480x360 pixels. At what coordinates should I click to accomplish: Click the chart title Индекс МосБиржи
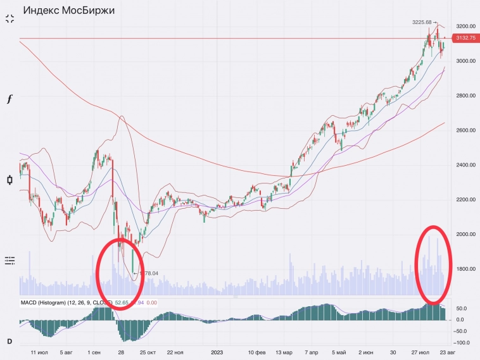point(68,10)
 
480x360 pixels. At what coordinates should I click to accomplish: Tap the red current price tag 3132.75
point(465,39)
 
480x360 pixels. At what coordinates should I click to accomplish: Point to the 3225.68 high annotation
point(422,22)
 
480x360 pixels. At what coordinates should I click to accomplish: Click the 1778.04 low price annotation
point(146,273)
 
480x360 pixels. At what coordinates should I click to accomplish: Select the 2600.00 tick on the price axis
point(464,130)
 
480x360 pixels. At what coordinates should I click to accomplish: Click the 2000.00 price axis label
point(464,235)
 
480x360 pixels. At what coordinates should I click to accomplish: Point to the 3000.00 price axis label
point(464,61)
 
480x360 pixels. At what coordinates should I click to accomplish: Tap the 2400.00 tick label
point(464,165)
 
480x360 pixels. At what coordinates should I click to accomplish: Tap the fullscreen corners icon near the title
point(9,18)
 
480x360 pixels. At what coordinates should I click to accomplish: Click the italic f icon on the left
point(9,99)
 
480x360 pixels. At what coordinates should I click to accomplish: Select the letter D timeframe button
point(9,342)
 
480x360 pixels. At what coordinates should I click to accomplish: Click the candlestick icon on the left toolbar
point(9,180)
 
